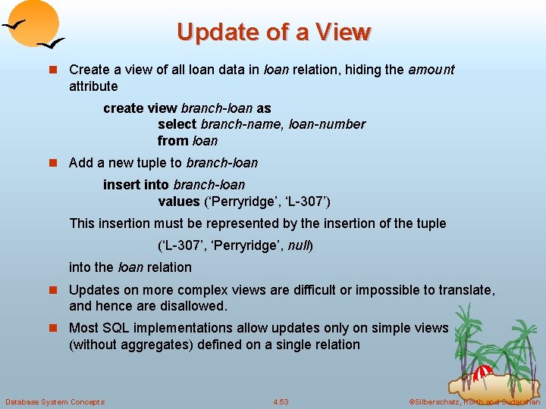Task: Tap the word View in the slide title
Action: tap(343, 32)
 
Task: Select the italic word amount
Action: tap(431, 70)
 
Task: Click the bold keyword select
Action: tap(177, 124)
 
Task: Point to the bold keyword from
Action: tap(173, 141)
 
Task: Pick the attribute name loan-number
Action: tap(327, 124)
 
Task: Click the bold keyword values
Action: tap(179, 201)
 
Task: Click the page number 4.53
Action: tap(281, 401)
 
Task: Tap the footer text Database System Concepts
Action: tap(55, 401)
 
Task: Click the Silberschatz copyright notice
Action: tap(474, 401)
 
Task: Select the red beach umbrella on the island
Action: tap(483, 372)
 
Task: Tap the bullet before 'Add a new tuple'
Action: tap(53, 163)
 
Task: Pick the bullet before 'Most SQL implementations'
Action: tap(53, 328)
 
